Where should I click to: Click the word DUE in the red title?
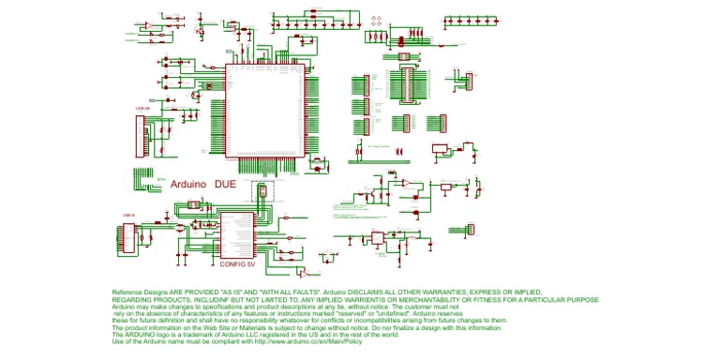click(x=226, y=184)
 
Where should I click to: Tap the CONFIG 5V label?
click(x=237, y=264)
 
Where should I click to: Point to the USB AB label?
click(x=141, y=108)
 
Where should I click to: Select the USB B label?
click(x=128, y=215)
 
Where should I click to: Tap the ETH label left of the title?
click(x=161, y=178)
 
